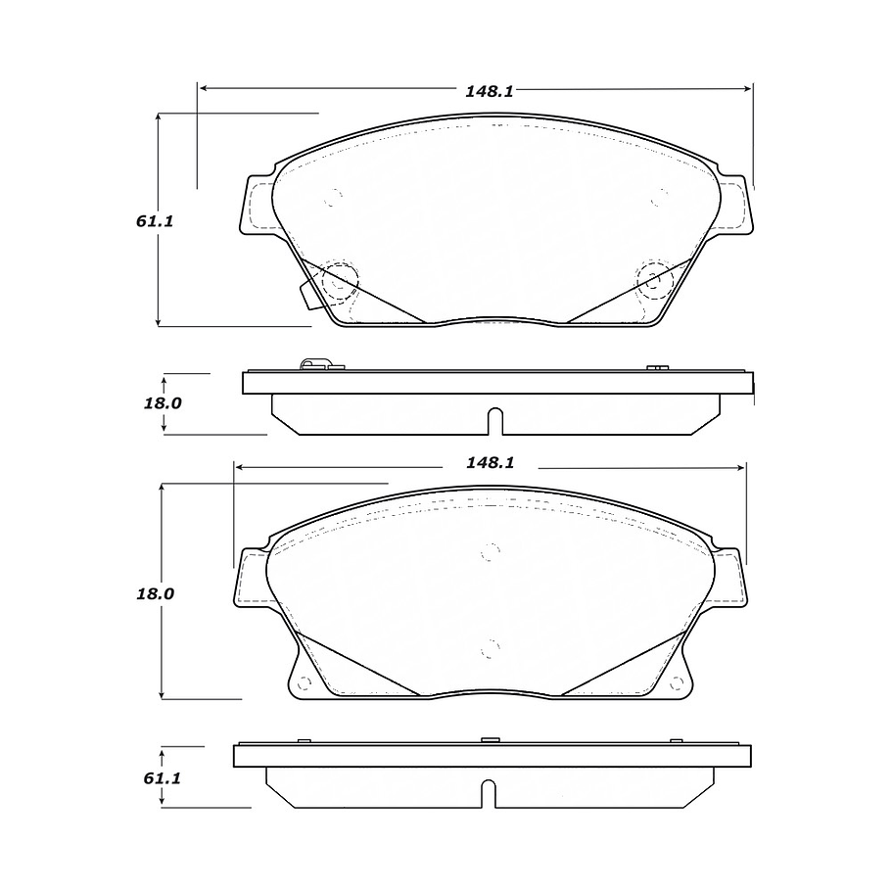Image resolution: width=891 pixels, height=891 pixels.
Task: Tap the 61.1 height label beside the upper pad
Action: tap(154, 221)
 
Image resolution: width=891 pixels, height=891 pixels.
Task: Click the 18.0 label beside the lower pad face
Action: tap(154, 593)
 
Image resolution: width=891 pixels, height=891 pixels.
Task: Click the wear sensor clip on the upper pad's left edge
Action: tap(305, 293)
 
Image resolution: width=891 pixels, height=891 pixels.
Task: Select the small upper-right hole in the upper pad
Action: tap(661, 198)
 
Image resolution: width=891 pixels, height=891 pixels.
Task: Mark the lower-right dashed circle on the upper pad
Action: tap(653, 280)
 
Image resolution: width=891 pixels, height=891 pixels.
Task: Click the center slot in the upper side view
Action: tap(495, 420)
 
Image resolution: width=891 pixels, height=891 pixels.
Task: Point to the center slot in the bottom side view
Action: tap(489, 792)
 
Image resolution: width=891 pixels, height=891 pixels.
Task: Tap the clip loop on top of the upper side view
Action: tap(313, 366)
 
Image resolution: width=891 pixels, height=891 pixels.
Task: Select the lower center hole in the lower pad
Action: tap(490, 647)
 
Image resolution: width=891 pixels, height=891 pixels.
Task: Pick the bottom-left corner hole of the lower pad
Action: tap(303, 683)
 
